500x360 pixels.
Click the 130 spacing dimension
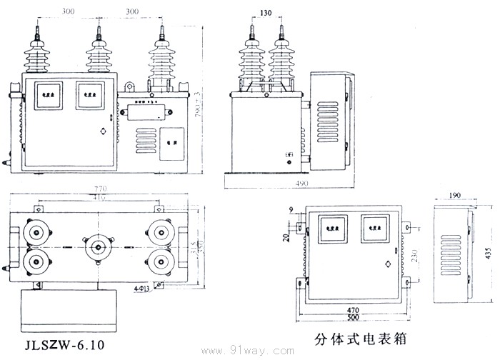point(266,12)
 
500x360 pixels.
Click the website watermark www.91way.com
point(249,351)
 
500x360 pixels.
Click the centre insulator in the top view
point(98,248)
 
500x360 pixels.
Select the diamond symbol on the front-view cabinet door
point(104,131)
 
